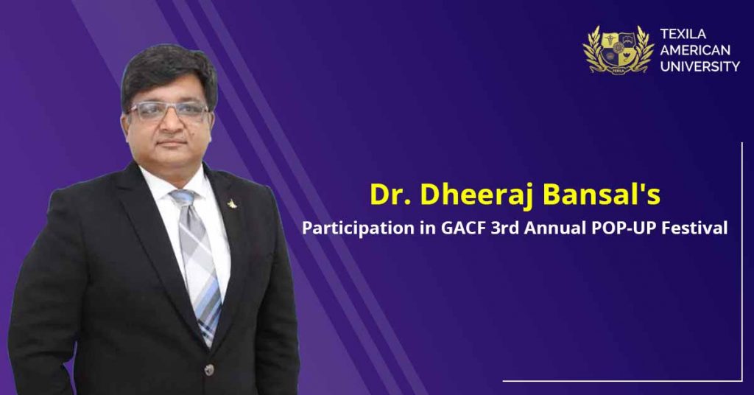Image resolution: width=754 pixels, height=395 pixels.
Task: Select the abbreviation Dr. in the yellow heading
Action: coord(390,195)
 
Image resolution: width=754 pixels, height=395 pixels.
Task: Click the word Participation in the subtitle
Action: coord(358,228)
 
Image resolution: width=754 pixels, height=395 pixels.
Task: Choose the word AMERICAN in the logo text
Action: coord(695,50)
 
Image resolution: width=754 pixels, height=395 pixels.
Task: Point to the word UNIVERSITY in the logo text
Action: coord(700,66)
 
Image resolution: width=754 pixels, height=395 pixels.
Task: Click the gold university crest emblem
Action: coord(619,49)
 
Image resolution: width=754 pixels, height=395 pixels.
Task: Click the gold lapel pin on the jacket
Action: coord(233,204)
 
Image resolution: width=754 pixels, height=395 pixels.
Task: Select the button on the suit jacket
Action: coord(209,369)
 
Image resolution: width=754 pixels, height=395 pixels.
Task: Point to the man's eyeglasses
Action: coord(169,111)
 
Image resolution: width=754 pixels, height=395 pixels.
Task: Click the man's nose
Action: coord(170,126)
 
